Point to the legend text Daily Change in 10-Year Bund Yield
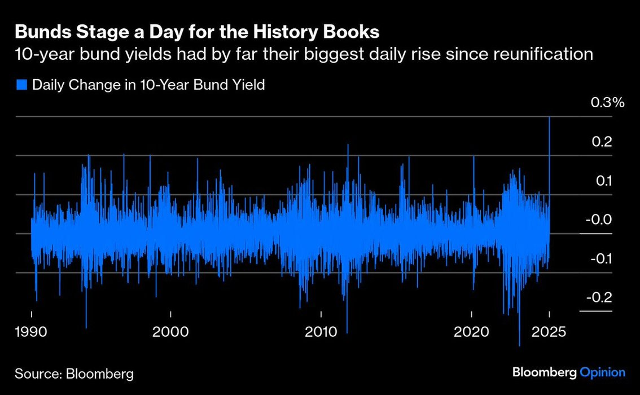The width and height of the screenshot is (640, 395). coord(148,85)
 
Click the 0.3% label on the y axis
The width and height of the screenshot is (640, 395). coord(608,103)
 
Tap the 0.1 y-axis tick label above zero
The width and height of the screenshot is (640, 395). coord(604,181)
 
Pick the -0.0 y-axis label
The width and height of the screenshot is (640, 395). coord(602,220)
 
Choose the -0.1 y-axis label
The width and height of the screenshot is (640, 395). coord(602,258)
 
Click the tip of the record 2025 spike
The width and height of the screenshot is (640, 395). coord(550,117)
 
